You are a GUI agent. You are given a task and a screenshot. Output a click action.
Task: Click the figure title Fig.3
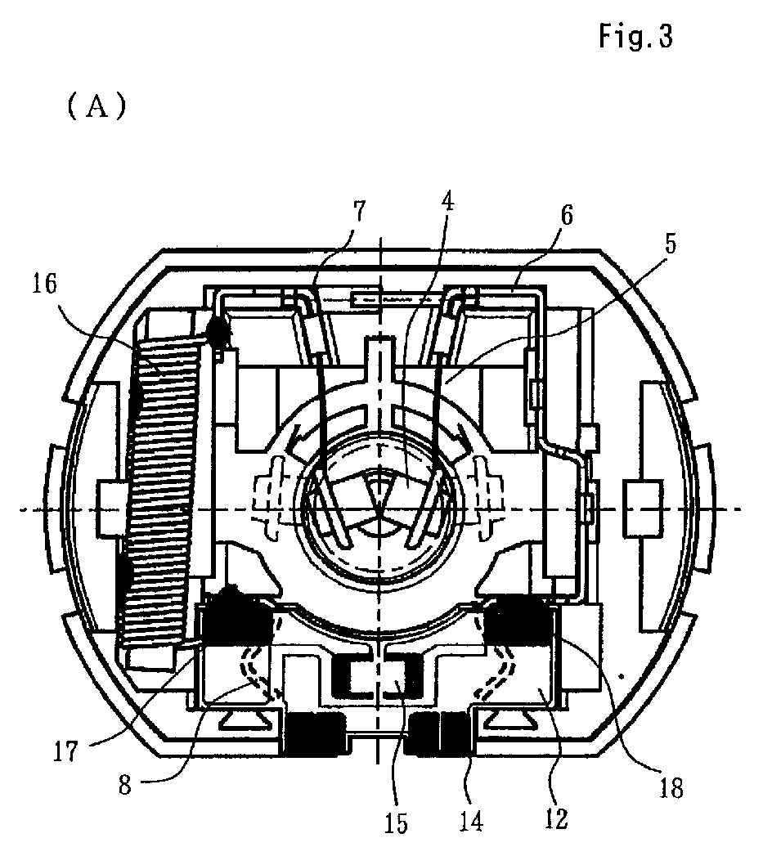[x=636, y=38]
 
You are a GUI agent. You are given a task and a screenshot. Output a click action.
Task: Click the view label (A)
[x=96, y=106]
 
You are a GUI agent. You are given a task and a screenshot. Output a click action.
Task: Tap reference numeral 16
[x=44, y=283]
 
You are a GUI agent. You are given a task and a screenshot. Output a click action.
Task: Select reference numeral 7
[x=359, y=210]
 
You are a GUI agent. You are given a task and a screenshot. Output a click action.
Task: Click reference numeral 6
[x=566, y=214]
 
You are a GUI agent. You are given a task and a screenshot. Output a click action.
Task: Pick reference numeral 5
[x=670, y=244]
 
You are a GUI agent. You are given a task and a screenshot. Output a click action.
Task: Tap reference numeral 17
[x=65, y=751]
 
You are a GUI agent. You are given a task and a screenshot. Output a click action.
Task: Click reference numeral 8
[x=125, y=784]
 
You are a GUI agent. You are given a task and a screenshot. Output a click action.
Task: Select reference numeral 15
[x=396, y=822]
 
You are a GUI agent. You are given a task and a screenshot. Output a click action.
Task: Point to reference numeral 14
[x=471, y=821]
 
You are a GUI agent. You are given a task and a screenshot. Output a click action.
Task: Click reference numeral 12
[x=556, y=818]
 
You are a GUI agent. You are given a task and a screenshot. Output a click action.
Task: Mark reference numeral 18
[x=671, y=788]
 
